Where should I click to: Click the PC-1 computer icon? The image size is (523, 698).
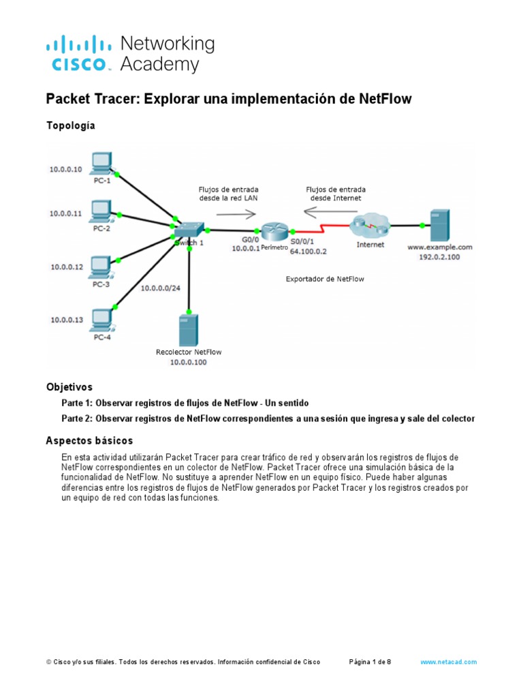tap(102, 162)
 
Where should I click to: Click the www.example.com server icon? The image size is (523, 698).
tap(439, 223)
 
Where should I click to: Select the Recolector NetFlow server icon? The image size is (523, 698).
tap(189, 329)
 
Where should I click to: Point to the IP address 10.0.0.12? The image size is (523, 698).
tap(65, 267)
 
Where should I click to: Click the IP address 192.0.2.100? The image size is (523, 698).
tap(439, 258)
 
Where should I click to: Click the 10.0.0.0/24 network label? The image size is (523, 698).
tap(160, 288)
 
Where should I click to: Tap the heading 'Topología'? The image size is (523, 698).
tap(70, 125)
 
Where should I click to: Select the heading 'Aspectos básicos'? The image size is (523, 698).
tap(89, 440)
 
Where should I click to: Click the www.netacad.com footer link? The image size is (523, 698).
tap(448, 662)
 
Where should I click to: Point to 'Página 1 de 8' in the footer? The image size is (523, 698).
tap(370, 662)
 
